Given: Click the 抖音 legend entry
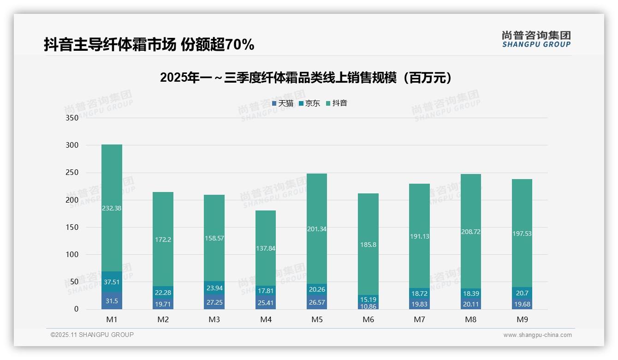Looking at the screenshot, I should (336, 103).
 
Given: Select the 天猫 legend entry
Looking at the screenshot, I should (283, 103).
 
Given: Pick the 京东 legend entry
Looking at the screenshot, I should (309, 103).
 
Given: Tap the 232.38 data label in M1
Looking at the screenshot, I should (112, 208).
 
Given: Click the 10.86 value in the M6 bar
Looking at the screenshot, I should (368, 306).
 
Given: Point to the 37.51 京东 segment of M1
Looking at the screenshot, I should (112, 282).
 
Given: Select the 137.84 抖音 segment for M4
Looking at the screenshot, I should (266, 248).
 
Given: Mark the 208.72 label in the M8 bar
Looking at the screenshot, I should (470, 232).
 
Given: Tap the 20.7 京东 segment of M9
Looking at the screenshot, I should (522, 293).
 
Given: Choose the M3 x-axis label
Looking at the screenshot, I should (214, 319).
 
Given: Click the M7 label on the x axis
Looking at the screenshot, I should (419, 319).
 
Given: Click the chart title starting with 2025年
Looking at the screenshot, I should (306, 78).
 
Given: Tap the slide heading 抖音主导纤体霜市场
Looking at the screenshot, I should (149, 45).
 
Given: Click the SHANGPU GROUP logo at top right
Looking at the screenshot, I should (536, 39).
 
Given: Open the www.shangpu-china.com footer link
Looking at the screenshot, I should (537, 335).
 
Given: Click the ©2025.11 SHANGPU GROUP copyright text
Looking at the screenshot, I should (92, 335).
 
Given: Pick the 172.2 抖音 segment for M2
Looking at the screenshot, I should (163, 239).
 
